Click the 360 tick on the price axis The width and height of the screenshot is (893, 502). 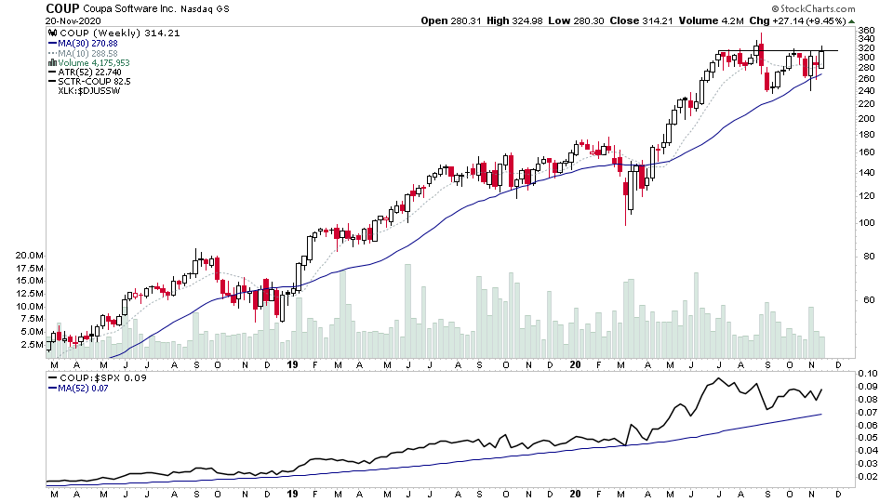866,31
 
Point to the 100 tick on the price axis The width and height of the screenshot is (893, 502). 866,223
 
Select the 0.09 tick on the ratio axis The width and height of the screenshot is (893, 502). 868,386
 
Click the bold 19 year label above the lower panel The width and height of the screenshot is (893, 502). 292,365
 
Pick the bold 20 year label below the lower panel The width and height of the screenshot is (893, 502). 577,495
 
